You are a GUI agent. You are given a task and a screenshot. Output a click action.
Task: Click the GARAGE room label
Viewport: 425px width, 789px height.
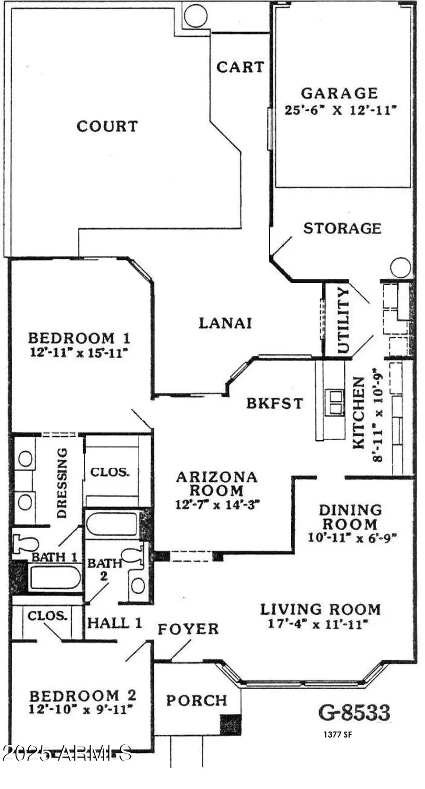click(x=339, y=93)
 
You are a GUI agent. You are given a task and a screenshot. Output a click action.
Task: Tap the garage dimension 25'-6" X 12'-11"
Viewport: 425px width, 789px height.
click(x=339, y=111)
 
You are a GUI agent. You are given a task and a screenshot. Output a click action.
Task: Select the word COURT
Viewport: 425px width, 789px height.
click(x=107, y=126)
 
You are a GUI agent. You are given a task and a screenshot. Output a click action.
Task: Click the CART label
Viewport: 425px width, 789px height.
click(x=240, y=67)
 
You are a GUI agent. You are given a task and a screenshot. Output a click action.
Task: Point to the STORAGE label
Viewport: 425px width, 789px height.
click(x=342, y=228)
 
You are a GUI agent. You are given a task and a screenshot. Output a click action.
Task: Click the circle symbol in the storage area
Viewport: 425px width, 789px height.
click(x=401, y=267)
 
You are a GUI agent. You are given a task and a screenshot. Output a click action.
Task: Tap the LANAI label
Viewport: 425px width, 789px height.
click(x=225, y=322)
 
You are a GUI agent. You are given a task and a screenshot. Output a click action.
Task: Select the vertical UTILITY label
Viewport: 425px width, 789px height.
click(x=342, y=320)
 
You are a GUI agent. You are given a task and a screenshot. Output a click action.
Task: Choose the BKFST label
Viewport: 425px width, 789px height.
click(x=275, y=403)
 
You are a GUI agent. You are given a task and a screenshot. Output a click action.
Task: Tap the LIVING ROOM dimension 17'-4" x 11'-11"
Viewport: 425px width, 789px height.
click(x=321, y=624)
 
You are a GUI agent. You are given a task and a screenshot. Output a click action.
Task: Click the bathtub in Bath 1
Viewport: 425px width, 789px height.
click(x=55, y=578)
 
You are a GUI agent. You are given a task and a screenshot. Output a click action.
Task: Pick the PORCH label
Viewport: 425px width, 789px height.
click(x=196, y=700)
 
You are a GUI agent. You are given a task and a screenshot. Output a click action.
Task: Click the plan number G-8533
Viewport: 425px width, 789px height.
click(x=354, y=713)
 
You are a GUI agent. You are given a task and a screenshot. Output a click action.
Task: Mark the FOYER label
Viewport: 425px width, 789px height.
click(x=188, y=629)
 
